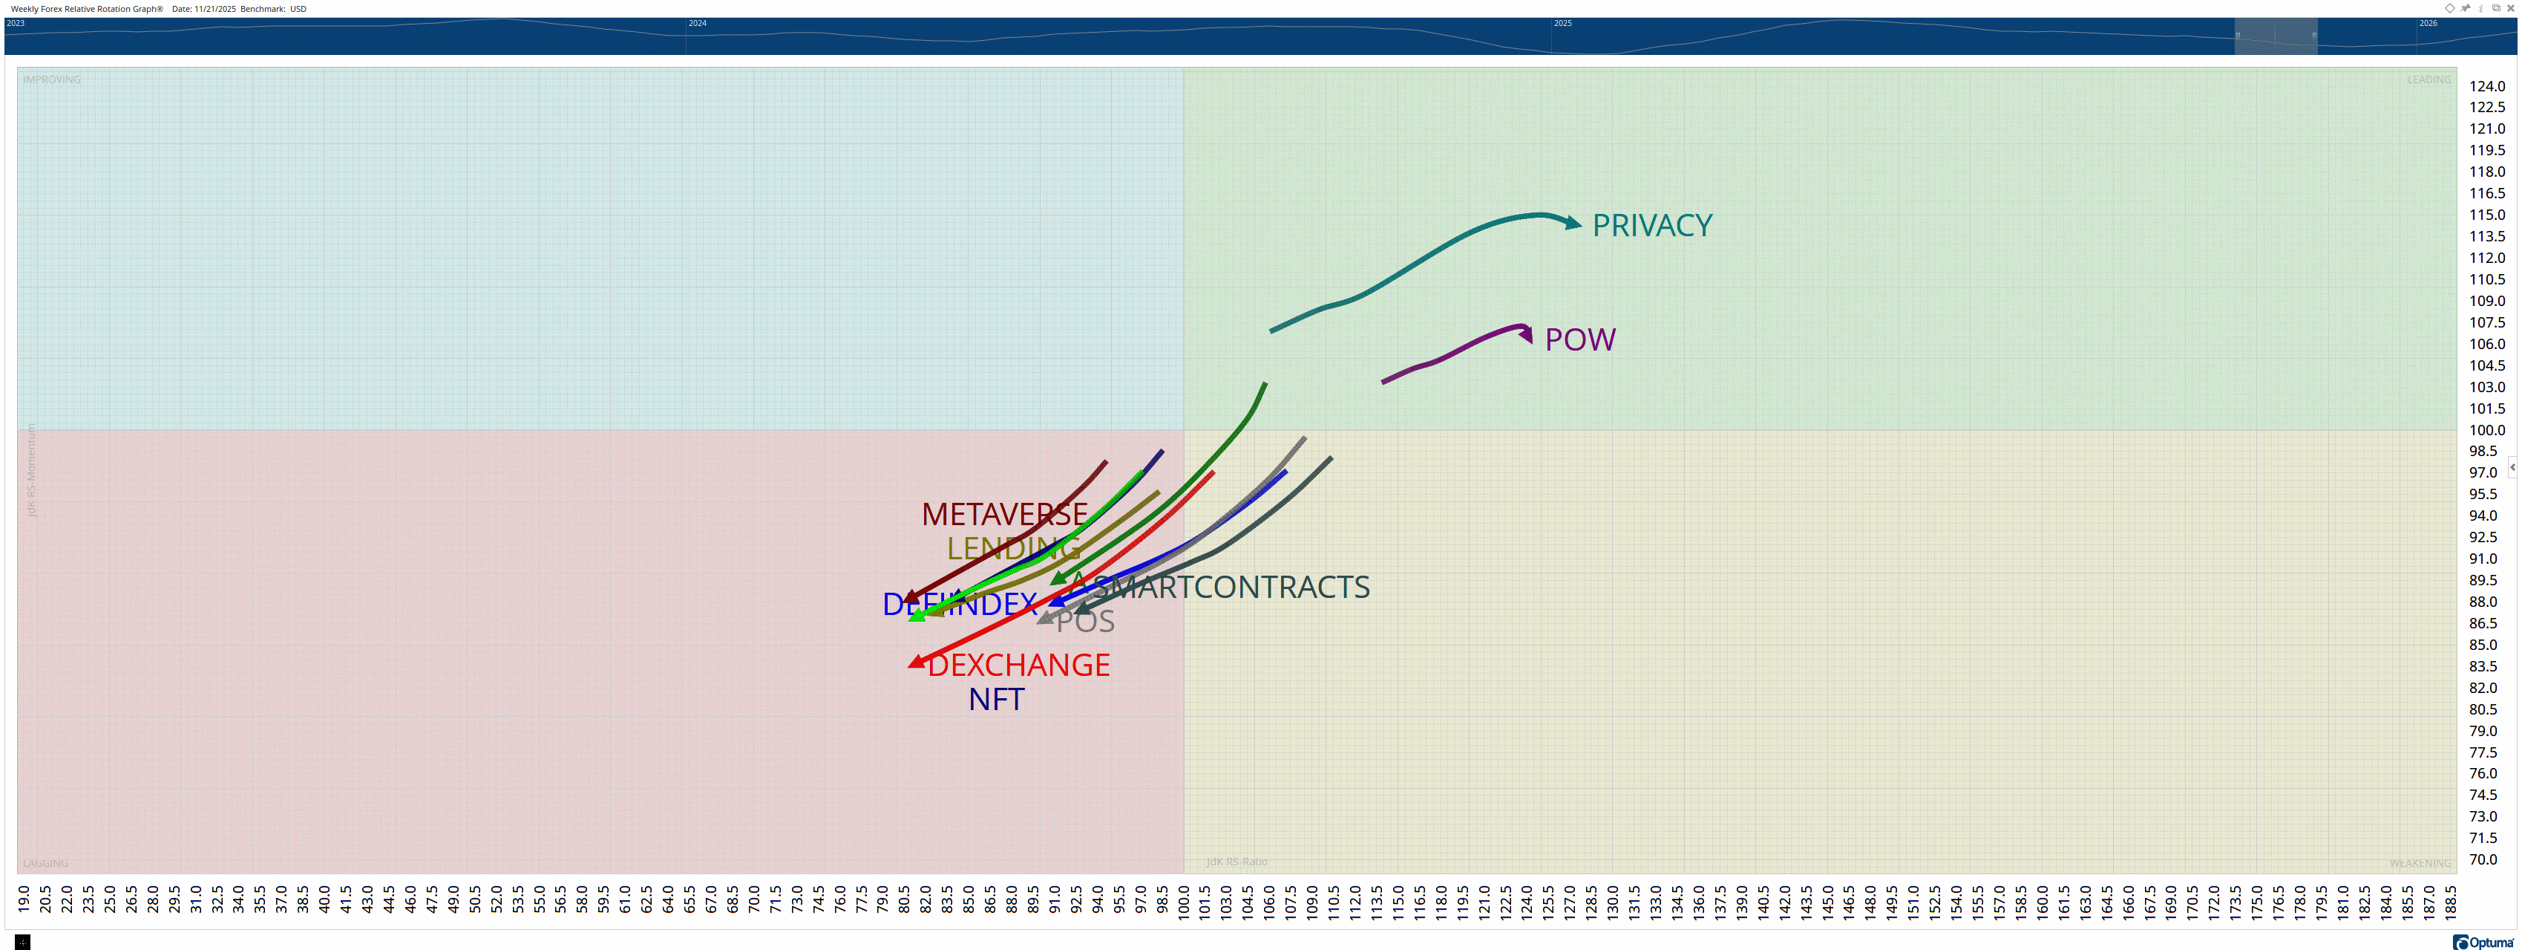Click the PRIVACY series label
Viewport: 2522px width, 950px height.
click(1651, 225)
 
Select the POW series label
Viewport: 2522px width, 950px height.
click(1579, 340)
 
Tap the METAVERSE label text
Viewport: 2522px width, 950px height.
click(1003, 514)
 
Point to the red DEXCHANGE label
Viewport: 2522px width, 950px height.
click(1018, 665)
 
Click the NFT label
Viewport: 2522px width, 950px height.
click(996, 699)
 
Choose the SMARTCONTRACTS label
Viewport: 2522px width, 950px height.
click(1231, 587)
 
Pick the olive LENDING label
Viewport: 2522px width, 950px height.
click(1013, 548)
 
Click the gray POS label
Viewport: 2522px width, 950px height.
click(1085, 621)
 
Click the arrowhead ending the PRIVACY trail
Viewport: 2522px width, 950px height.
click(1573, 224)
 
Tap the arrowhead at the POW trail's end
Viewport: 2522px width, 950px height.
click(1526, 335)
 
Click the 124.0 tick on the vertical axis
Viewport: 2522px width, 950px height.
click(2487, 86)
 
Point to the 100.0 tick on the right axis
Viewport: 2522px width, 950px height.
click(2487, 430)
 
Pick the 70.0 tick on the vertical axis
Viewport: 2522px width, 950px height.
click(2483, 859)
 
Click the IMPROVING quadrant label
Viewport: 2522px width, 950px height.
click(52, 79)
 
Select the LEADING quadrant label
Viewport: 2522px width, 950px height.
click(2429, 79)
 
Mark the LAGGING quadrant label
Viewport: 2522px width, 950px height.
click(45, 863)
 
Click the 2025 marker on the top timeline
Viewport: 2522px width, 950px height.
click(1562, 22)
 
